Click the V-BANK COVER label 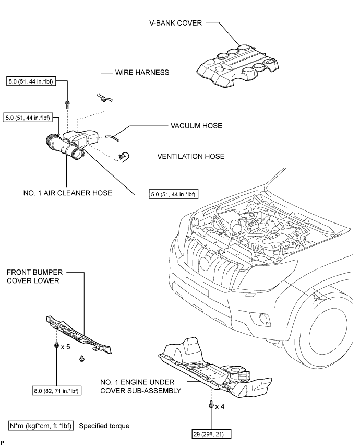176,23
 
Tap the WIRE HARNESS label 142,72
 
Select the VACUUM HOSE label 196,126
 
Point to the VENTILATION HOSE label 191,156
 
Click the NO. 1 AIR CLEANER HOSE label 68,193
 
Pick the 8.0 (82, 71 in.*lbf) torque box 56,391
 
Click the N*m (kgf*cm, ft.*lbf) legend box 41,426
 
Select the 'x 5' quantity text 65,347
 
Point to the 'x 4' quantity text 220,406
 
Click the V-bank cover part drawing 238,66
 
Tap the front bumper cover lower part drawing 79,335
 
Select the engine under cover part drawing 215,367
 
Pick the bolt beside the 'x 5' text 56,346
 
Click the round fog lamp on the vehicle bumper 265,319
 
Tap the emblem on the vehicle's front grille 205,263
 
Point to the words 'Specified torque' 104,426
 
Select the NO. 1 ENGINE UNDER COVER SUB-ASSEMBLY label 141,386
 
